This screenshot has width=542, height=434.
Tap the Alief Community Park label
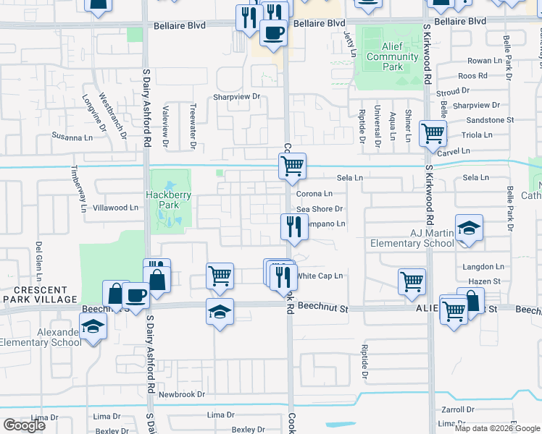pyautogui.click(x=384, y=61)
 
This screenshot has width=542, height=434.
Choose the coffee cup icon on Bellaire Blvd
pyautogui.click(x=272, y=34)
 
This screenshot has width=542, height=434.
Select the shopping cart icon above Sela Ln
pyautogui.click(x=292, y=166)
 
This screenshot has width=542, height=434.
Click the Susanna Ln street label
pyautogui.click(x=73, y=137)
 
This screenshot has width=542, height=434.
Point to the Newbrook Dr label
pyautogui.click(x=182, y=394)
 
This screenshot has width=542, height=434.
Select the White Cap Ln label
pyautogui.click(x=320, y=276)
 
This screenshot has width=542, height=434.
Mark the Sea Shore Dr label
pyautogui.click(x=319, y=209)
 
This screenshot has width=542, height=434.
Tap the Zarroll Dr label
pyautogui.click(x=457, y=409)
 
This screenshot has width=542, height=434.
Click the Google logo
pyautogui.click(x=24, y=425)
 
